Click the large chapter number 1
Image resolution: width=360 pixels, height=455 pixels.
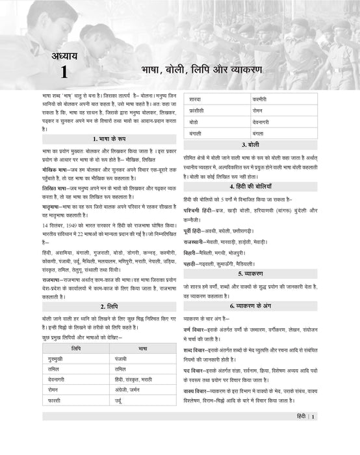pyautogui.click(x=63, y=72)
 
